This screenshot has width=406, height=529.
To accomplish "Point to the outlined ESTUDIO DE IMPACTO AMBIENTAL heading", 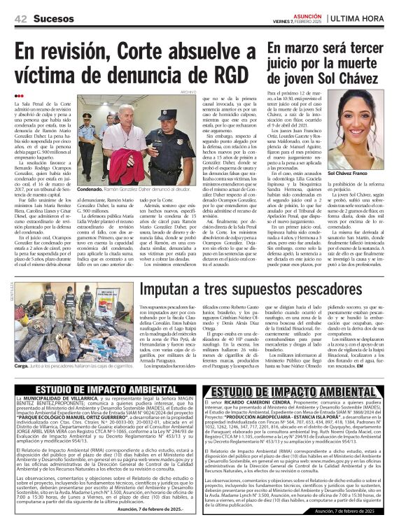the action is (300, 390).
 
